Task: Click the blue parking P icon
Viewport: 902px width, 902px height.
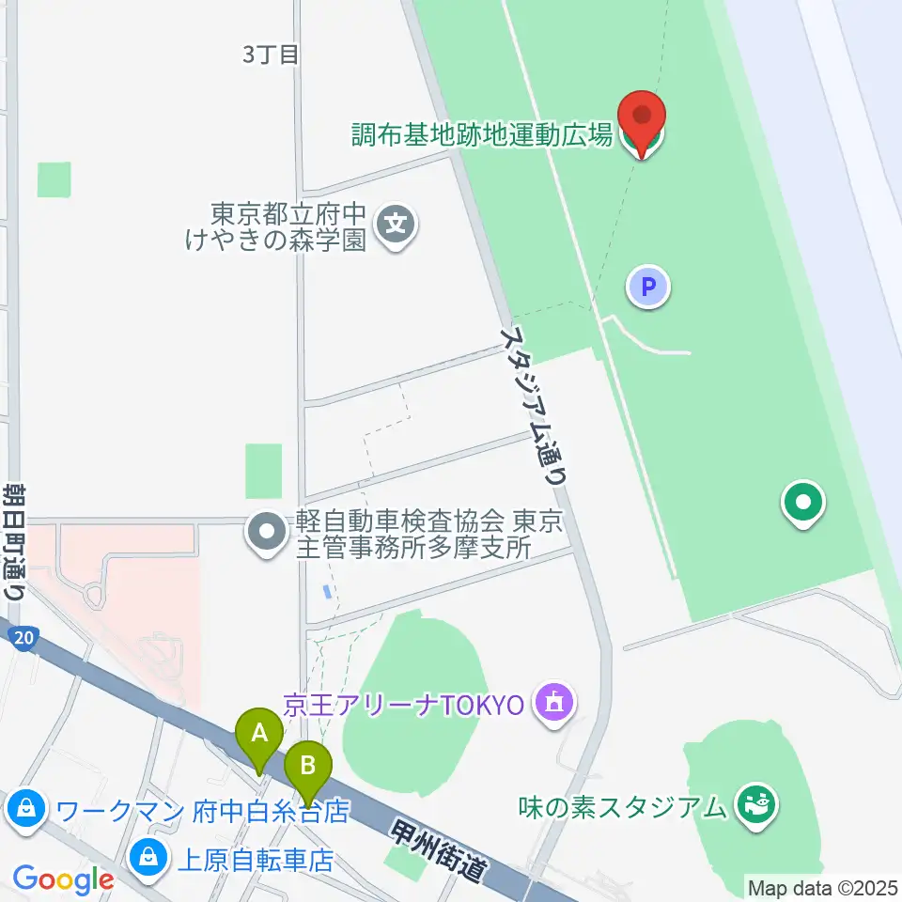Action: [648, 286]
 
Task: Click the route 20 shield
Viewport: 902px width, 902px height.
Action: [25, 639]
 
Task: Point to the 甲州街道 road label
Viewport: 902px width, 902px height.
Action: [441, 849]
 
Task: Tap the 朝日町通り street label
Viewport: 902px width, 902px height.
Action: [14, 542]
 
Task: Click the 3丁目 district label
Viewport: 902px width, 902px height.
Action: [271, 55]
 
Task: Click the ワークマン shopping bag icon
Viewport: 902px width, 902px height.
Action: [25, 808]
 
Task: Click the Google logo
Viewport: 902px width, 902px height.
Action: [63, 879]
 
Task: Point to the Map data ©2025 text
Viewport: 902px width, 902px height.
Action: [823, 887]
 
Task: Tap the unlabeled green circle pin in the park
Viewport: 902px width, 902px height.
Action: [803, 503]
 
